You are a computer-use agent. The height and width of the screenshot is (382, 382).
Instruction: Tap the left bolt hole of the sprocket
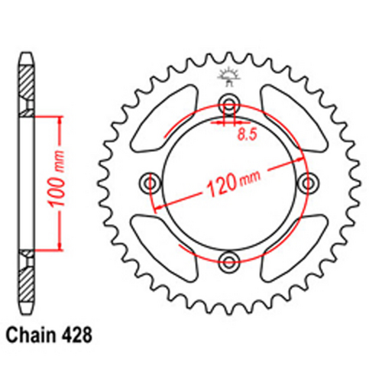[150, 183]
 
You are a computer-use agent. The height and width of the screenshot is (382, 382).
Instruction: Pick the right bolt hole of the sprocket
[309, 183]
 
